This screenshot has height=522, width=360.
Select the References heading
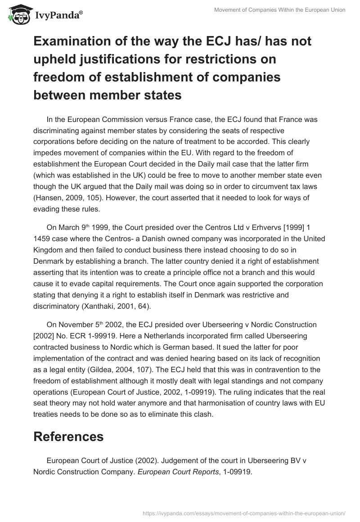point(68,436)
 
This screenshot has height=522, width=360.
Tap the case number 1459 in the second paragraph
point(43,238)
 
